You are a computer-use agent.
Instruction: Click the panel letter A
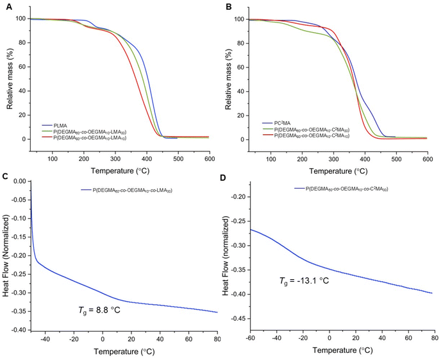[x=4, y=6]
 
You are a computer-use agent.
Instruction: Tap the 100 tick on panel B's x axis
[x=272, y=159]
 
